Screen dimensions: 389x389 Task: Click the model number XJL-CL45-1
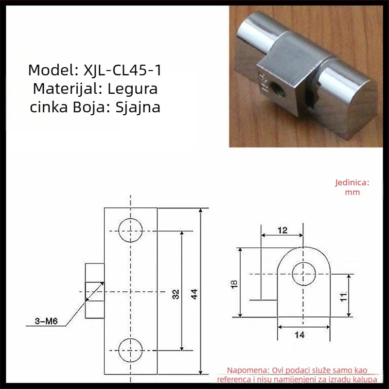123,70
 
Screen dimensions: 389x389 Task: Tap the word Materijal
64,88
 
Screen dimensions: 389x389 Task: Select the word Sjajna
138,107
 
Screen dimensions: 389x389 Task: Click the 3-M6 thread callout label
46,321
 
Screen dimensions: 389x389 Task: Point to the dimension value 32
176,294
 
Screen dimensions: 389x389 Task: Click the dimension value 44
194,294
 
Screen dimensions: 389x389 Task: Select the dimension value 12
283,230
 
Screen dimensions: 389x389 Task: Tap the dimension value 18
234,284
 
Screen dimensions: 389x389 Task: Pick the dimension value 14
300,335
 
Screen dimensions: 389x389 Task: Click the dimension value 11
343,297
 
